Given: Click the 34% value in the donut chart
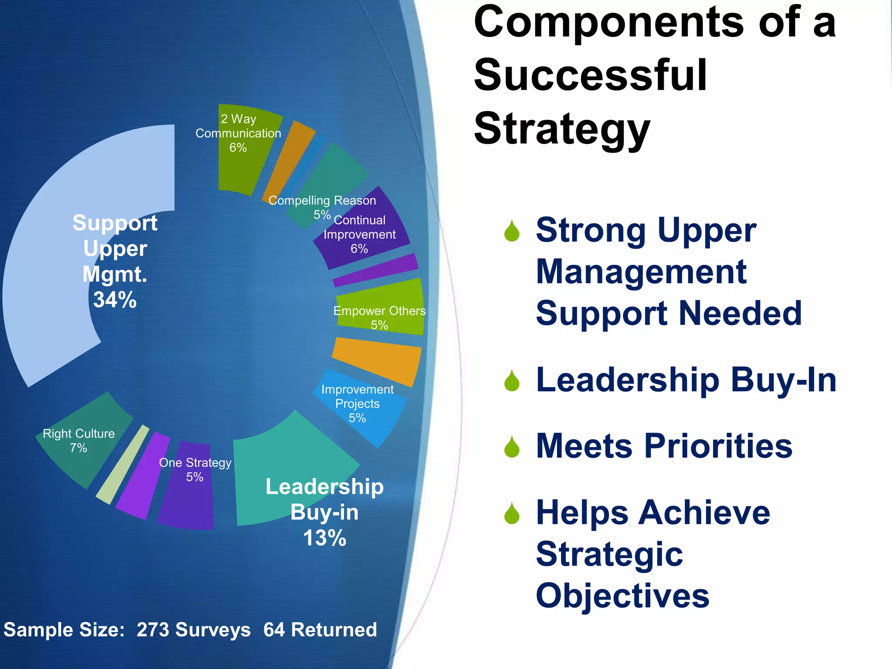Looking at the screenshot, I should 115,300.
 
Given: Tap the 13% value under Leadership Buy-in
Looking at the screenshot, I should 324,538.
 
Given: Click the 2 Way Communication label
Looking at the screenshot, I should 238,133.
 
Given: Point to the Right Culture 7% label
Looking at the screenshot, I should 79,440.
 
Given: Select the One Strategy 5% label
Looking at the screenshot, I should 195,470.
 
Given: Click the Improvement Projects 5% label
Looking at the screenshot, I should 357,403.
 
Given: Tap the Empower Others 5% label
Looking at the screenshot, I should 379,318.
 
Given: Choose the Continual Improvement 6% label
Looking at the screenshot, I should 359,234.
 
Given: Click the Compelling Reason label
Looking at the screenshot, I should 322,201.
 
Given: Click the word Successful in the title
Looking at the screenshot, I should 590,75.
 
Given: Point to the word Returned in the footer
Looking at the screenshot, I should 334,630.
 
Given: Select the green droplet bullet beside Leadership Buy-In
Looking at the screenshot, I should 512,381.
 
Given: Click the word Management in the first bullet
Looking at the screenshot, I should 641,272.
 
